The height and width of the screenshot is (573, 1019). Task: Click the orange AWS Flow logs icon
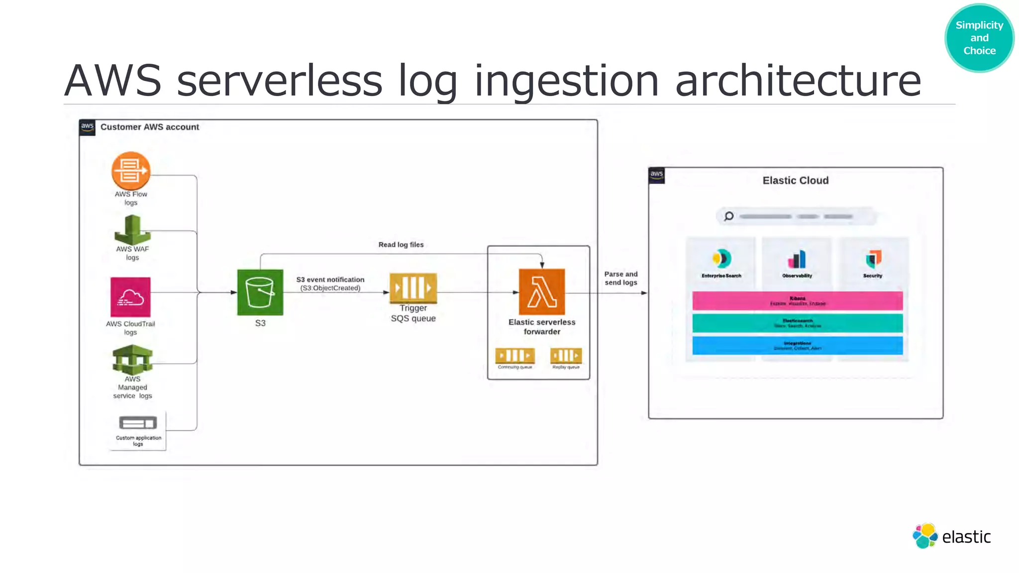[x=130, y=171]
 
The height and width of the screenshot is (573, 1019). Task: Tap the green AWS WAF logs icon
[x=132, y=229]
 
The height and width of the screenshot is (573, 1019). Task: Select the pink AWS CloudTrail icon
[x=130, y=297]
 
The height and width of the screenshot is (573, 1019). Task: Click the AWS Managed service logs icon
[x=132, y=360]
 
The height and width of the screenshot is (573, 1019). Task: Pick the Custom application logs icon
[x=138, y=423]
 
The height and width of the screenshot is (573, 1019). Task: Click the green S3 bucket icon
[x=260, y=292]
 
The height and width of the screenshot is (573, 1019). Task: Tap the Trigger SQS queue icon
[x=413, y=288]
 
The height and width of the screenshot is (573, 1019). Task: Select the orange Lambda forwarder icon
[x=541, y=292]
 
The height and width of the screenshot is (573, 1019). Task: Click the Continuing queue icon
[x=515, y=356]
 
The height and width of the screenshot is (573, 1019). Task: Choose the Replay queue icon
[x=566, y=356]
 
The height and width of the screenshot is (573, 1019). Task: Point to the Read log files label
[x=401, y=245]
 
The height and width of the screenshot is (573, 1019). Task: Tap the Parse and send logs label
[x=621, y=278]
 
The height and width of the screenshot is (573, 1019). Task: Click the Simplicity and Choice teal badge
[x=979, y=38]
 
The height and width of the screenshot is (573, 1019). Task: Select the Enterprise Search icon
[x=721, y=259]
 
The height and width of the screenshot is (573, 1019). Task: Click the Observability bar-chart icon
[x=797, y=259]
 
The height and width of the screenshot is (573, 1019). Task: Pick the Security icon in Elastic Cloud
[x=873, y=259]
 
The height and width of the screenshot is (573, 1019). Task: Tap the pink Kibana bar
[x=797, y=301]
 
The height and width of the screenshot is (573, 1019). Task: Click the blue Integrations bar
[x=797, y=346]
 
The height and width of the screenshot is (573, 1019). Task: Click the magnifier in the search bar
[x=729, y=216]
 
